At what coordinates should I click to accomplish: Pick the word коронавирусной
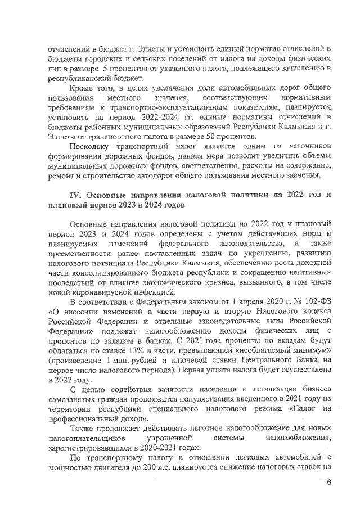101,292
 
